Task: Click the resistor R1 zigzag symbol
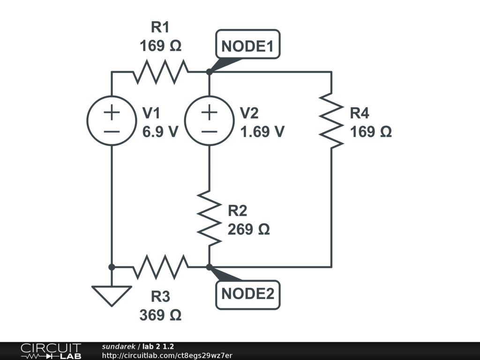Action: click(161, 72)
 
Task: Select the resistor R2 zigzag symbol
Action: click(209, 217)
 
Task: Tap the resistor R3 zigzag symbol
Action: click(161, 267)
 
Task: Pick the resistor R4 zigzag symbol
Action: click(331, 120)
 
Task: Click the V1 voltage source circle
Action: click(112, 120)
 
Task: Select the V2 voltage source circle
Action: click(209, 120)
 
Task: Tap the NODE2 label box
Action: click(247, 294)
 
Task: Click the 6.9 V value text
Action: click(160, 132)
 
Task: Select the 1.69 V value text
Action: click(262, 132)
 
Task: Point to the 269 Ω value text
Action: click(248, 230)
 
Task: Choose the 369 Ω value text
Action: click(160, 315)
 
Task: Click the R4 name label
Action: click(360, 113)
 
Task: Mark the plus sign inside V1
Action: click(112, 112)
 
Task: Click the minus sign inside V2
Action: click(209, 131)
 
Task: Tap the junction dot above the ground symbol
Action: click(112, 267)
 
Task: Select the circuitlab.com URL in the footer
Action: click(167, 355)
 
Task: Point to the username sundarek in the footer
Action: click(118, 346)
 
